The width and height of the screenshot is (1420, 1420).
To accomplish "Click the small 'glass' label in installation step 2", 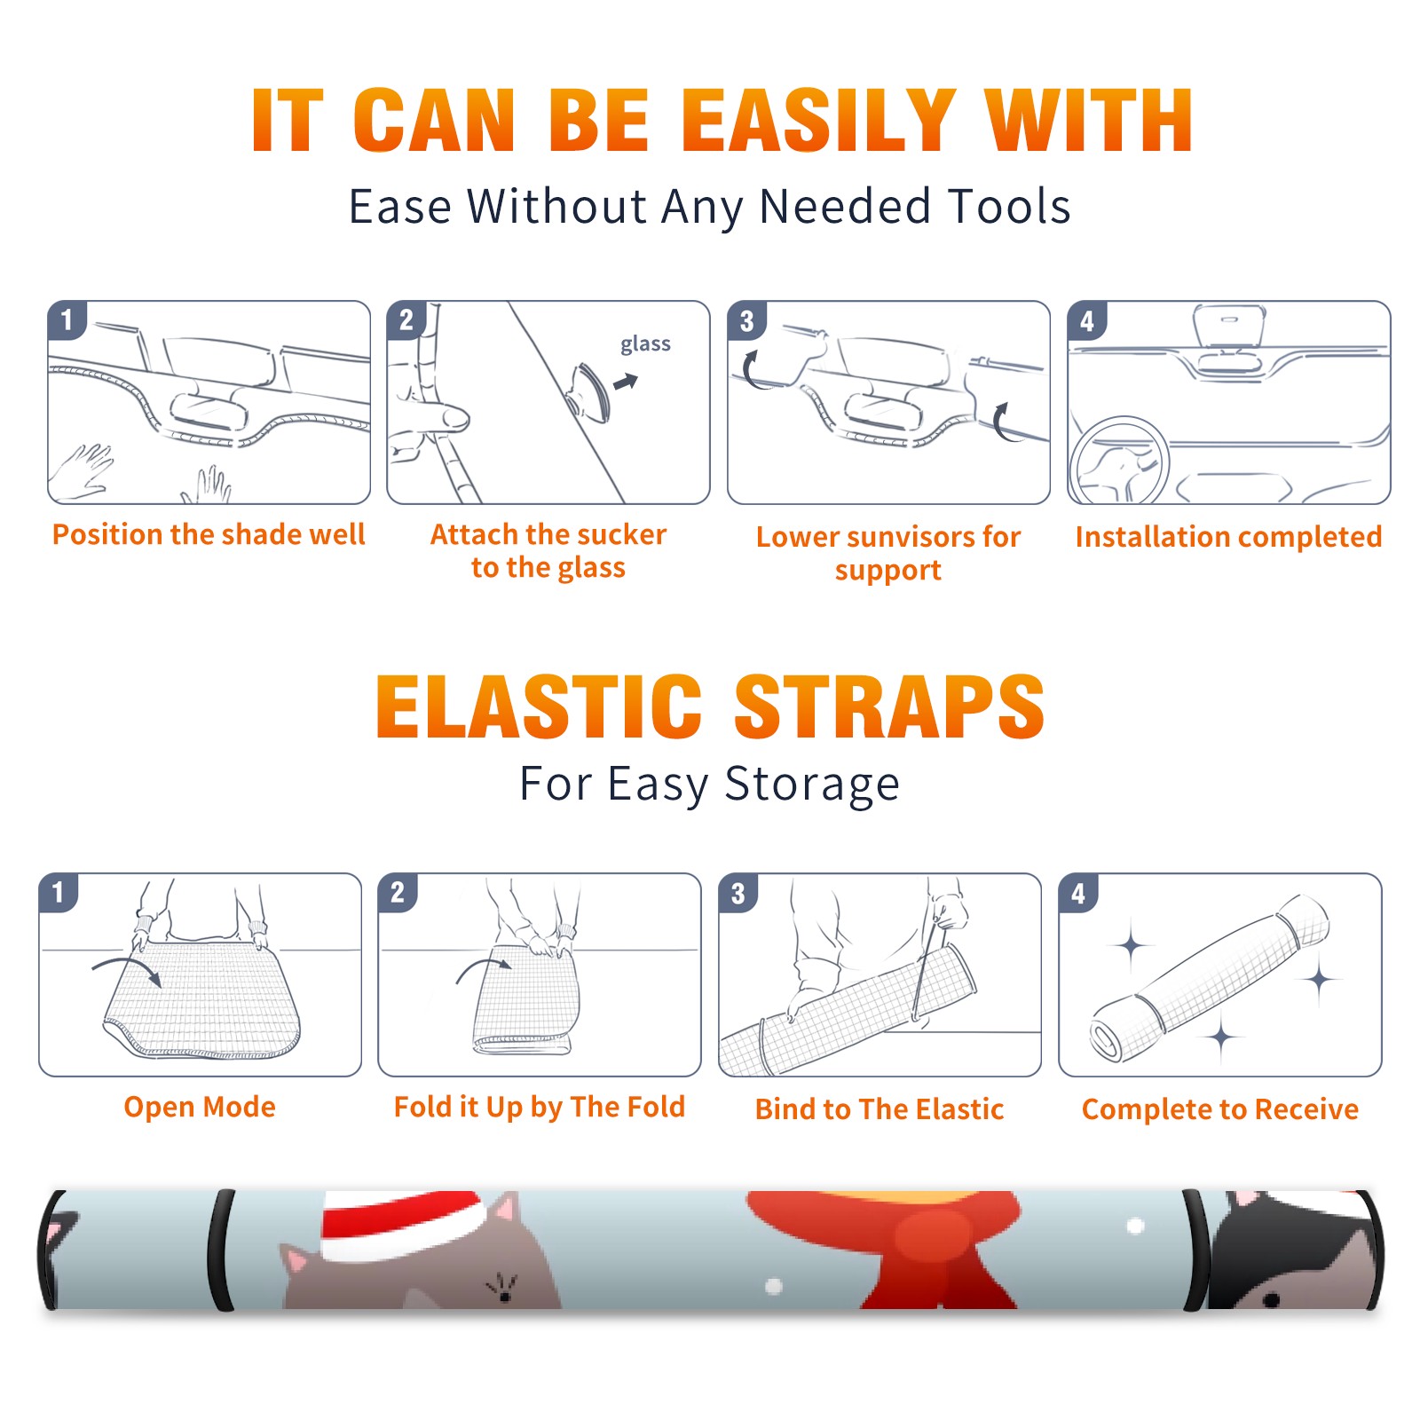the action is (645, 343).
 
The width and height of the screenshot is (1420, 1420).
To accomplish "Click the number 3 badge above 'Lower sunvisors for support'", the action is (746, 320).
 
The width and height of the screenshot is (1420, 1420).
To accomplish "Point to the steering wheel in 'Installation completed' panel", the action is (1119, 461).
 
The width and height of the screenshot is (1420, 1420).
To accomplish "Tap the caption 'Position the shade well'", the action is (209, 535).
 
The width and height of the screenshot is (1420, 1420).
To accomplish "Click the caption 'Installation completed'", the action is (1228, 537).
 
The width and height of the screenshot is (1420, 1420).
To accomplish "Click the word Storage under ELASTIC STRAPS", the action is (812, 785).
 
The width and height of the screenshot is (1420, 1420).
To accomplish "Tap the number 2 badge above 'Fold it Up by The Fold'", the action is (398, 892).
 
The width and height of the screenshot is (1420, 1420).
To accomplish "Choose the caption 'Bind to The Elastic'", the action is (880, 1109).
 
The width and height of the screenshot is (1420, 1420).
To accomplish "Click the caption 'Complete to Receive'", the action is (1220, 1109).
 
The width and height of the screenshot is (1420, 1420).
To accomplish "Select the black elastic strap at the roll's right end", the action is (1196, 1250).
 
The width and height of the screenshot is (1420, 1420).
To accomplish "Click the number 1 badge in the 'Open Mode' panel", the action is (59, 892).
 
